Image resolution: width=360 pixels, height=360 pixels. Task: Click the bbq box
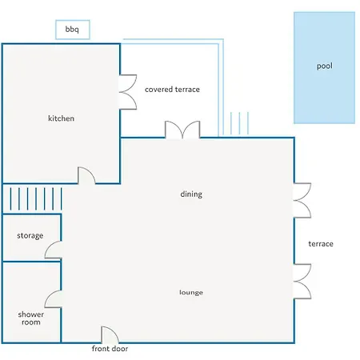(x=73, y=30)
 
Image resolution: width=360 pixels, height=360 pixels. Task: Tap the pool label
(x=325, y=66)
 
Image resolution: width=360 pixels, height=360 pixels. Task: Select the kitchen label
(x=61, y=118)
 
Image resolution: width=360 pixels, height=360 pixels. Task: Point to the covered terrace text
(x=172, y=90)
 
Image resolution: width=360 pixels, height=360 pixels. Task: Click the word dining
(x=191, y=194)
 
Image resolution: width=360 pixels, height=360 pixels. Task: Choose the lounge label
(x=191, y=292)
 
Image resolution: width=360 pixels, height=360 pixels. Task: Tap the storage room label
(x=30, y=236)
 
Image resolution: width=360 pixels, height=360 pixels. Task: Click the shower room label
(x=31, y=318)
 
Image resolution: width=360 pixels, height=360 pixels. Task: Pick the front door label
(x=110, y=349)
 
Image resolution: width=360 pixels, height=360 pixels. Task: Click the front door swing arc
(x=113, y=331)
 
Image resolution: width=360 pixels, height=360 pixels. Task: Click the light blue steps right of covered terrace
(x=239, y=123)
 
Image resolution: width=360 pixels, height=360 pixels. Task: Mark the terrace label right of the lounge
(x=321, y=244)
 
